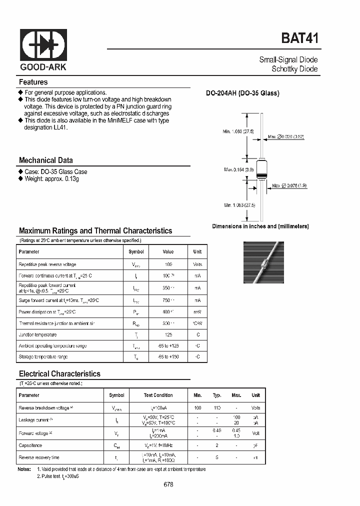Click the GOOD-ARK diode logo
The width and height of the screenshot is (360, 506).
click(x=43, y=45)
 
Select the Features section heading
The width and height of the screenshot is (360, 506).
click(x=33, y=82)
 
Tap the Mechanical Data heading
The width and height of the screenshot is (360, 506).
click(x=46, y=160)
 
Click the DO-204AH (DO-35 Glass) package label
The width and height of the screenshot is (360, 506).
click(x=243, y=93)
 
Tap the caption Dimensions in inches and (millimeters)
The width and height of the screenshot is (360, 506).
click(x=260, y=226)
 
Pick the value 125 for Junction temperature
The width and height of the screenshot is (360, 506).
click(x=168, y=334)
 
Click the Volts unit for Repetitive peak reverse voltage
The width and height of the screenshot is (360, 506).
click(x=197, y=264)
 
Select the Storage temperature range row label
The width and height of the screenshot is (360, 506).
click(x=43, y=357)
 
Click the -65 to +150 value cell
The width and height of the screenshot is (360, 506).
click(x=168, y=357)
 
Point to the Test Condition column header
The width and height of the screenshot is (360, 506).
click(x=158, y=395)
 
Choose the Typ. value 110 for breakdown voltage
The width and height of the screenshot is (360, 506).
click(x=217, y=408)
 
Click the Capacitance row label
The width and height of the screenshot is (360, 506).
click(x=30, y=445)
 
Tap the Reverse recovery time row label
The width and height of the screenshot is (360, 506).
click(x=38, y=457)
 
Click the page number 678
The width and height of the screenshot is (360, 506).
click(x=168, y=484)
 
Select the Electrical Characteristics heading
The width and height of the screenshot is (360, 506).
click(x=59, y=373)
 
